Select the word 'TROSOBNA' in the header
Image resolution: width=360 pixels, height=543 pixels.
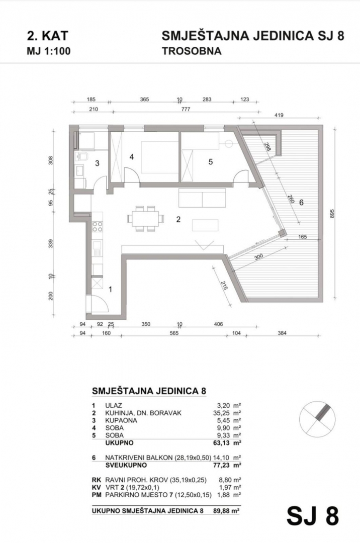[191, 51]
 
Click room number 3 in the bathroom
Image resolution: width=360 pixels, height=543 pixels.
[97, 163]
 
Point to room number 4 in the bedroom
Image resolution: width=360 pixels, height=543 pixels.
[131, 157]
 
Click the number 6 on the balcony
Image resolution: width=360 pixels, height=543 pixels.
[301, 203]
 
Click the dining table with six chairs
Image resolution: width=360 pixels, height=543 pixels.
[146, 219]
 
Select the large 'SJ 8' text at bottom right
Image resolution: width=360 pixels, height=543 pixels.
[313, 516]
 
